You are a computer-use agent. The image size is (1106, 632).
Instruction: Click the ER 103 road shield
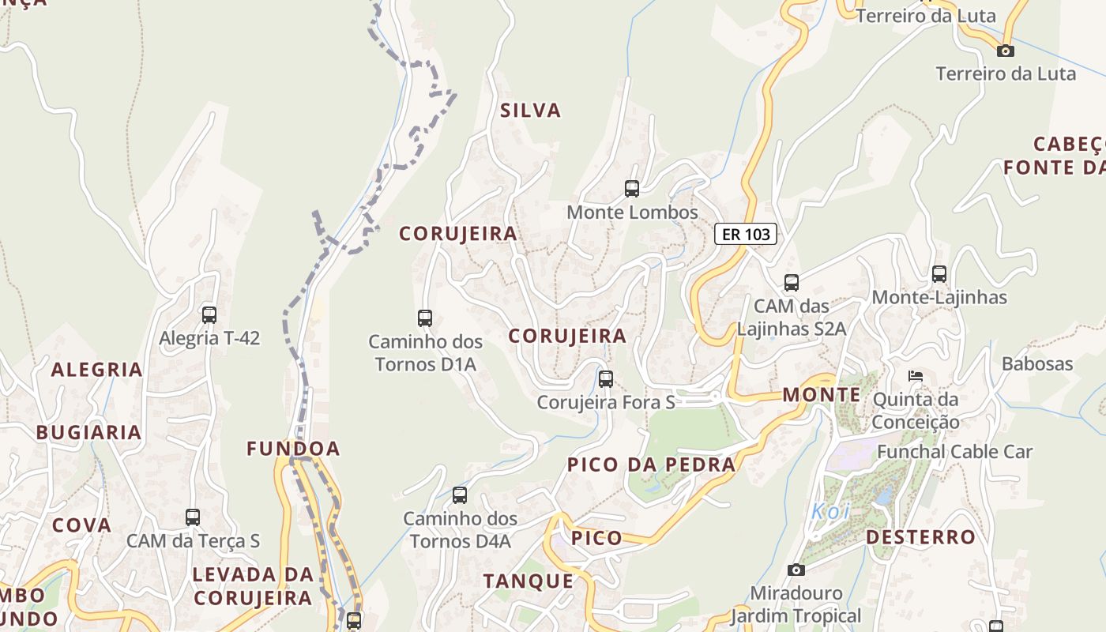(746, 234)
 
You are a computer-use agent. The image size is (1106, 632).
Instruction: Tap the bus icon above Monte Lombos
(632, 189)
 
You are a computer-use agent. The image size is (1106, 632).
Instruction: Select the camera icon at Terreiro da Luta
(1005, 51)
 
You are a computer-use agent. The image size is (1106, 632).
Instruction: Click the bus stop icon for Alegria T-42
(209, 315)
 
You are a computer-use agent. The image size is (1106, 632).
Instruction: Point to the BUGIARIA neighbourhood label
(88, 432)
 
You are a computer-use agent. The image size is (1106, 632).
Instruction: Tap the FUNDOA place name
(293, 449)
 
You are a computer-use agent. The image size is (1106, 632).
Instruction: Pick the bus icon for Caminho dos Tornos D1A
(425, 318)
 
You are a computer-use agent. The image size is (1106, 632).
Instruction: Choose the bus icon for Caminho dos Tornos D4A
(460, 495)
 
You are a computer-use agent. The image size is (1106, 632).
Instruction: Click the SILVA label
(530, 111)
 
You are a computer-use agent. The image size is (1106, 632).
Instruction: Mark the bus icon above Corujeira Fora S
(606, 379)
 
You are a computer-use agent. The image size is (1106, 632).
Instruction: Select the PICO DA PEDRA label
(651, 465)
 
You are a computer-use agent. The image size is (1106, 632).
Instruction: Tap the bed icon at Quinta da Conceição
(916, 375)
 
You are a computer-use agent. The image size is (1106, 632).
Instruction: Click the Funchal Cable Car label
(954, 452)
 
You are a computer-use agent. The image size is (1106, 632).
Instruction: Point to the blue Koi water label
(830, 511)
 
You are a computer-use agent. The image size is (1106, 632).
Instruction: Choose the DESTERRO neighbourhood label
(920, 537)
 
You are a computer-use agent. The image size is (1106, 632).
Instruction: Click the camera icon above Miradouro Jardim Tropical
(796, 570)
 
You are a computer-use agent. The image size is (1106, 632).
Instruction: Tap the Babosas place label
(1037, 363)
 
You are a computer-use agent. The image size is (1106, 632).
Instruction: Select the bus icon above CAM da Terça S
(193, 517)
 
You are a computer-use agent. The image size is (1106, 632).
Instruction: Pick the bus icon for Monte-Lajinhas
(939, 274)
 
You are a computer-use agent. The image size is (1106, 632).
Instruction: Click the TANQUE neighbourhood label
(529, 581)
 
